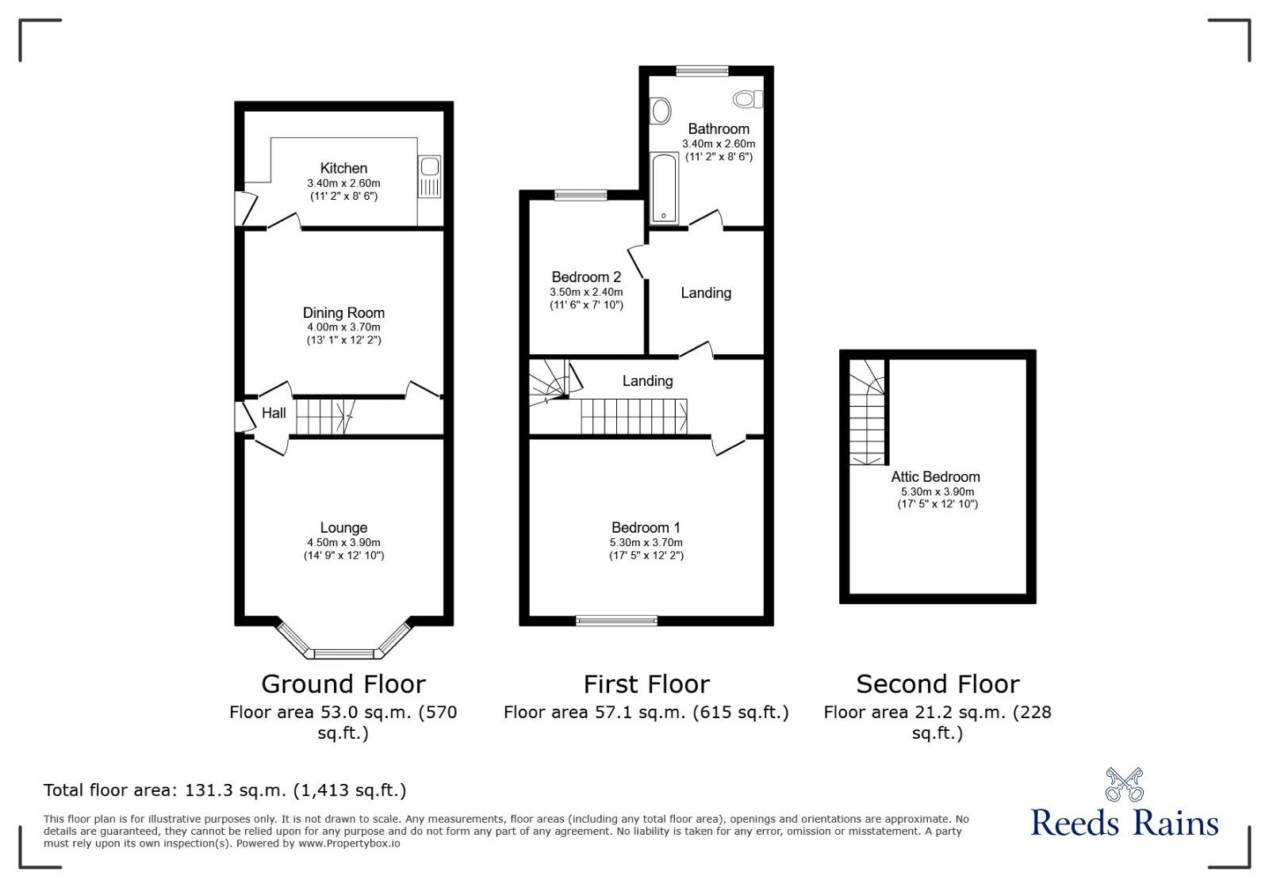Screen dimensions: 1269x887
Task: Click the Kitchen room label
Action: coord(343,168)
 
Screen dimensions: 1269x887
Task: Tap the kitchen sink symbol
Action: coord(429,176)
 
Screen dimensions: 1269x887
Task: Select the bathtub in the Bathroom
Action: coord(664,187)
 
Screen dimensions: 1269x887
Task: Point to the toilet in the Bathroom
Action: coord(748,100)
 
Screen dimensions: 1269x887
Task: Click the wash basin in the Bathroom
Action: coord(660,110)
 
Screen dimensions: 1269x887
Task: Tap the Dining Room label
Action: coord(343,312)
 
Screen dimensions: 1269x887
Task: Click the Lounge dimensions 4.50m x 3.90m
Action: coord(343,542)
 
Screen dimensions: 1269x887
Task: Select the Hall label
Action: coord(274,413)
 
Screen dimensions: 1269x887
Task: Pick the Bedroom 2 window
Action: coord(581,195)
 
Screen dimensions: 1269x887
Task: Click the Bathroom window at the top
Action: coord(702,71)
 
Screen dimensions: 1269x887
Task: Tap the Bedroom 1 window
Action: coord(616,621)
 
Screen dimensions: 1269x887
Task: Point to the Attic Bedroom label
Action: coord(935,476)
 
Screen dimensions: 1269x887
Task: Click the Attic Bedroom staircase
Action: coord(867,412)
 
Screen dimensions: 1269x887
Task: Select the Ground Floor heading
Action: coord(343,684)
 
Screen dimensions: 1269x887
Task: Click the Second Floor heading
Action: coord(937,684)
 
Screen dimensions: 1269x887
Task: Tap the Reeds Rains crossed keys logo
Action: coord(1125,784)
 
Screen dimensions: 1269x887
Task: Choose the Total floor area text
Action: coord(225,790)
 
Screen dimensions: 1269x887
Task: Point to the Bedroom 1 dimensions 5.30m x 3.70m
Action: coord(646,542)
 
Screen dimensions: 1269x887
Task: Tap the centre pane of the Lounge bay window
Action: coord(344,654)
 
